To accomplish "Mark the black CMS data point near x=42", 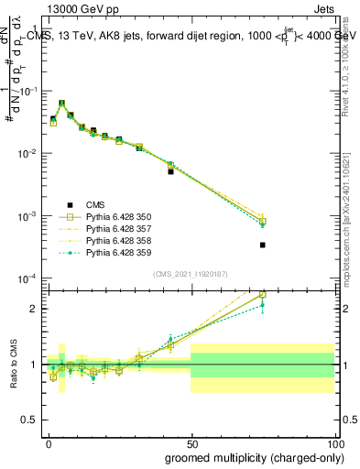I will click(170, 171).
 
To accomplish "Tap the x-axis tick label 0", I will click(49, 442).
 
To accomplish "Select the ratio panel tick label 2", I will click(34, 309).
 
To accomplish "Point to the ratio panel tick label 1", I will click(34, 365).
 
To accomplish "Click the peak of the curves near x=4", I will click(61, 104).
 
